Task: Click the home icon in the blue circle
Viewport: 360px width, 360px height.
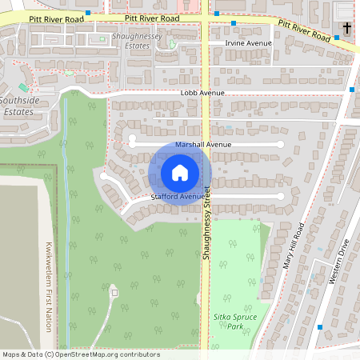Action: pos(180,173)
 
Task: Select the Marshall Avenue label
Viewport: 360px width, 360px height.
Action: pos(203,144)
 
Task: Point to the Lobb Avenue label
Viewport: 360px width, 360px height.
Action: pos(202,93)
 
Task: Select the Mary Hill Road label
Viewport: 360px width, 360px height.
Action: pos(293,245)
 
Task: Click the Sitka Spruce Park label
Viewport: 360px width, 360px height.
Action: pos(234,322)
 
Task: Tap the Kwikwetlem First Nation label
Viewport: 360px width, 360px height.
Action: pos(49,276)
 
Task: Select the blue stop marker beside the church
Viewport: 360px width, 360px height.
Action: pos(338,37)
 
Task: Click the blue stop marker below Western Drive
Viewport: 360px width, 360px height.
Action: pos(320,326)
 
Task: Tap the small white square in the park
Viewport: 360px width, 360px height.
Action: pos(114,293)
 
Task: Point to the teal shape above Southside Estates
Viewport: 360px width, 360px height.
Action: pos(22,86)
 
